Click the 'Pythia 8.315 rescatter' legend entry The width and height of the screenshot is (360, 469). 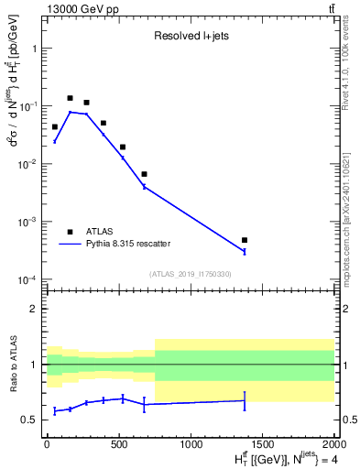click(127, 244)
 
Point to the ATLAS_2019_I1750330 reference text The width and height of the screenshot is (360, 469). click(190, 273)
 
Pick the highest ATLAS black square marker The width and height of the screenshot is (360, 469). click(70, 98)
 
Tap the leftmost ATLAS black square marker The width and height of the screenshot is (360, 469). click(55, 127)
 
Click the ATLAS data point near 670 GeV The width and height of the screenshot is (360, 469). click(144, 174)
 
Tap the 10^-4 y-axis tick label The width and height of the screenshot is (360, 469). click(28, 279)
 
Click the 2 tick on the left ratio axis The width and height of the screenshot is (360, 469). click(35, 309)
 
